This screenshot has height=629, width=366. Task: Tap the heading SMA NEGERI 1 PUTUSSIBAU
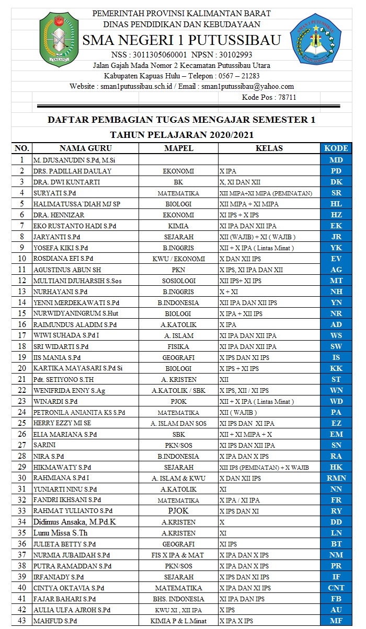click(181, 40)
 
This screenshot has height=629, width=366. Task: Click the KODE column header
click(336, 148)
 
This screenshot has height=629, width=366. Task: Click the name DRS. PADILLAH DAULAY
click(72, 171)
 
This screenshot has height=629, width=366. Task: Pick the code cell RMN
click(336, 477)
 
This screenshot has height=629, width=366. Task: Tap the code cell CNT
click(336, 588)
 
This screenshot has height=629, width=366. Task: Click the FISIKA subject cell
click(178, 346)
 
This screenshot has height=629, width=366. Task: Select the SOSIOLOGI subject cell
click(178, 281)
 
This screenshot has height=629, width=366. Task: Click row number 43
click(21, 621)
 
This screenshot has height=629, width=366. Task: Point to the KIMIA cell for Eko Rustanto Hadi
click(178, 226)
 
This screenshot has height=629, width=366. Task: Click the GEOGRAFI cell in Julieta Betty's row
click(178, 544)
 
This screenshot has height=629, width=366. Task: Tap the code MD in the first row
click(336, 160)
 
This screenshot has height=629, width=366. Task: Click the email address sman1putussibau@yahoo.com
click(248, 86)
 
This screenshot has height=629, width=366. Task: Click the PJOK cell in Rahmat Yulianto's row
click(178, 510)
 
